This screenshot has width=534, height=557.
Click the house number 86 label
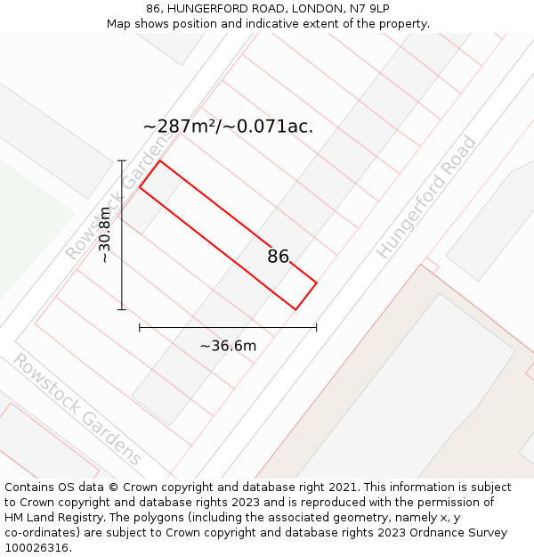[x=279, y=257]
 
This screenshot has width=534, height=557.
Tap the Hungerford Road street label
[x=426, y=198]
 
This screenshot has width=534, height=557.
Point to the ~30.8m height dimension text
[x=105, y=234]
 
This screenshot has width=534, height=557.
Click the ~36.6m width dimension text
[x=228, y=346]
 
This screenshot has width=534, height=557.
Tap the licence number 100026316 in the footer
[x=37, y=548]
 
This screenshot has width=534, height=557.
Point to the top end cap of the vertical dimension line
[x=122, y=160]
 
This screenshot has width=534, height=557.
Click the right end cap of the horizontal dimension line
[x=316, y=327]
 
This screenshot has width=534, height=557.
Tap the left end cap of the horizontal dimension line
[x=140, y=327]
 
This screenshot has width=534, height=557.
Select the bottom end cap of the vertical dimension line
[x=122, y=309]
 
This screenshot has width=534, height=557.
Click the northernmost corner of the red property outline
[x=160, y=160]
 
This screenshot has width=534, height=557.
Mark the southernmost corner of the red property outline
[x=295, y=309]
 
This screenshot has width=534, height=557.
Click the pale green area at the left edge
[x=27, y=223]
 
